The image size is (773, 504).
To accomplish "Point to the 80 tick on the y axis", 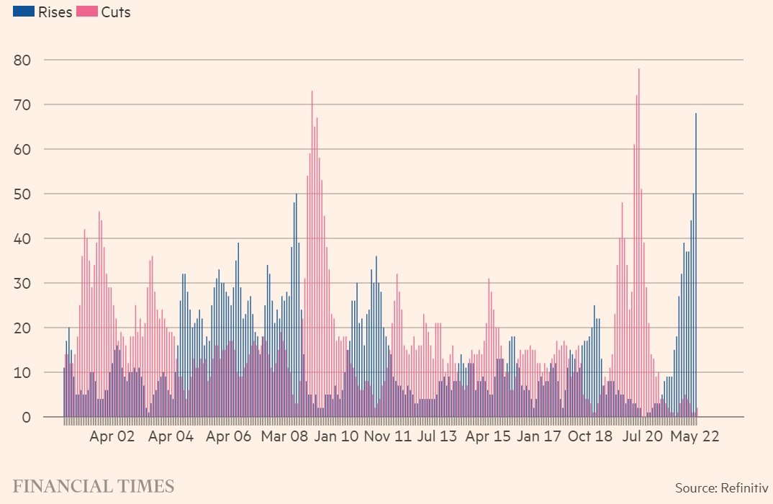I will [22, 60].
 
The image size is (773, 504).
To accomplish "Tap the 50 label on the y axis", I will [22, 194].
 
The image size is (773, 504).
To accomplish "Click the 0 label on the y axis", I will [27, 418].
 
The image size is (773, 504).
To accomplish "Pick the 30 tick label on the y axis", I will [22, 283].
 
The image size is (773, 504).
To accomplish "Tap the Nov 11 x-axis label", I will [388, 436].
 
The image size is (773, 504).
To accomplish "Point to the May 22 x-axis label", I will [695, 436].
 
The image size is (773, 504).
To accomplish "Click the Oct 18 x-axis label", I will [589, 436].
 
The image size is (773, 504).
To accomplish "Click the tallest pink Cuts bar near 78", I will [638, 238].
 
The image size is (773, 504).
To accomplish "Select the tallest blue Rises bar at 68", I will [696, 259].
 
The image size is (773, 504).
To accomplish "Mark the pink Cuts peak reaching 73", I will [312, 252].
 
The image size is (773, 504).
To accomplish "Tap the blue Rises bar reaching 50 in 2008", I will [296, 302].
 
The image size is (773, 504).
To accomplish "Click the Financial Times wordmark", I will [94, 486].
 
